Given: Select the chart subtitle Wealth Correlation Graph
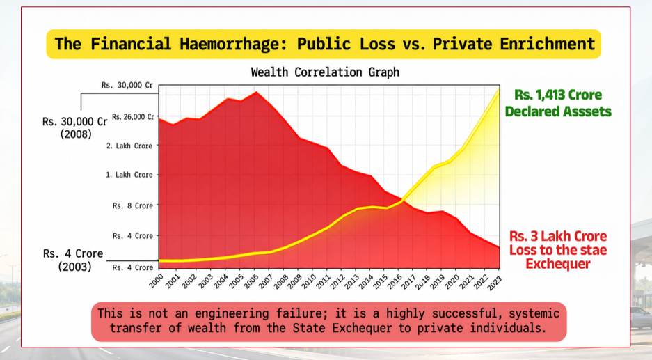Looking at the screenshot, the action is [x=325, y=72].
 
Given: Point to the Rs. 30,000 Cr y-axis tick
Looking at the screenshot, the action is [x=127, y=86].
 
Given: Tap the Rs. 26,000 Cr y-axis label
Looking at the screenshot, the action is [x=133, y=117].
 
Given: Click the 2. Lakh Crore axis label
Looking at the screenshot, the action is [x=129, y=146].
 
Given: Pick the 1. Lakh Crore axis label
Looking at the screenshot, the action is [x=129, y=175].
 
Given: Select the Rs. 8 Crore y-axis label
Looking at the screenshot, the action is [x=133, y=205].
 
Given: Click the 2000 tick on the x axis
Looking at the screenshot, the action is [x=157, y=281].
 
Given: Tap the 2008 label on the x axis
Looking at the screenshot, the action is [x=280, y=281].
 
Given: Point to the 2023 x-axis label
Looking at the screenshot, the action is [x=494, y=283].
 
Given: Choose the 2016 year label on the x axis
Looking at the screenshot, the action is [x=395, y=281].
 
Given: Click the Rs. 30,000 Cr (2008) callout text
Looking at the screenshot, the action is [x=75, y=127].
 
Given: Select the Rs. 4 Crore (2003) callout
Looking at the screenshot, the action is [x=73, y=260].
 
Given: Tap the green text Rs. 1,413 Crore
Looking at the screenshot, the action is [x=558, y=95].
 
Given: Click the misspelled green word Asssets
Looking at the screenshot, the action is [x=587, y=111].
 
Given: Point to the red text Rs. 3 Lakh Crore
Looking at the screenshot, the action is [x=558, y=236].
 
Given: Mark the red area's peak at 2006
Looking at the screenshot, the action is [x=256, y=92].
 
